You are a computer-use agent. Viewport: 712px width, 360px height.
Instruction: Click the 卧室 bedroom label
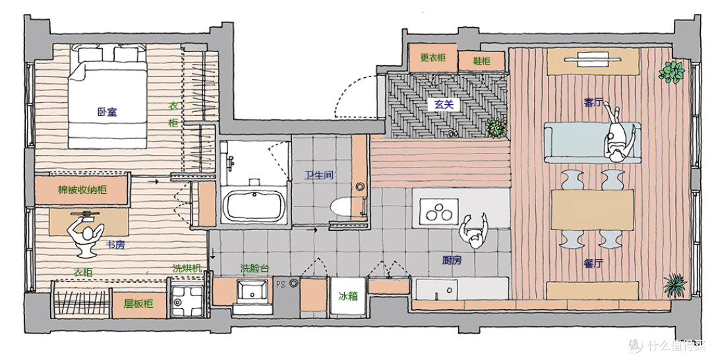pos(107,111)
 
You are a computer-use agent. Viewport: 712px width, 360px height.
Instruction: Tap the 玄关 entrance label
pos(444,104)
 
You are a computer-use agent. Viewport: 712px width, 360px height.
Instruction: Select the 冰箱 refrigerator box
pos(348,297)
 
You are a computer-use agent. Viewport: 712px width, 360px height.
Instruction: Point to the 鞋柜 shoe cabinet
pos(481,61)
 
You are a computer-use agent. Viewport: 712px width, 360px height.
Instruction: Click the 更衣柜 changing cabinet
pos(432,57)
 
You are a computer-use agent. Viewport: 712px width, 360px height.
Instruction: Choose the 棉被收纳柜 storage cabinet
pos(82,190)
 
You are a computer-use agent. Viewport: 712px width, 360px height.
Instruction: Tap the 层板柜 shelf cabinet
pos(138,304)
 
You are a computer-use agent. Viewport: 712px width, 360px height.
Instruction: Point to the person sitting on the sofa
pos(618,135)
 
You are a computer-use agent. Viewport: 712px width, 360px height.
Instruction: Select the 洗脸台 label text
pos(254,268)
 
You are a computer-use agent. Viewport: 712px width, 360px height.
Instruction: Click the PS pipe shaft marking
pos(281,285)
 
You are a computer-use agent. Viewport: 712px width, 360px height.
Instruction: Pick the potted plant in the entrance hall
pos(496,127)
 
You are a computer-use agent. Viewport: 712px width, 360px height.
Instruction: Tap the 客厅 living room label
pos(593,103)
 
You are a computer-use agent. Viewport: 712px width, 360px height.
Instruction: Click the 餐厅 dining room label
pos(593,263)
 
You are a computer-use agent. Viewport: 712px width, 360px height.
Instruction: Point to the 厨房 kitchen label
pos(452,260)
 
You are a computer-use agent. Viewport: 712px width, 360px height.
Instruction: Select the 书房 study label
pos(115,245)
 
